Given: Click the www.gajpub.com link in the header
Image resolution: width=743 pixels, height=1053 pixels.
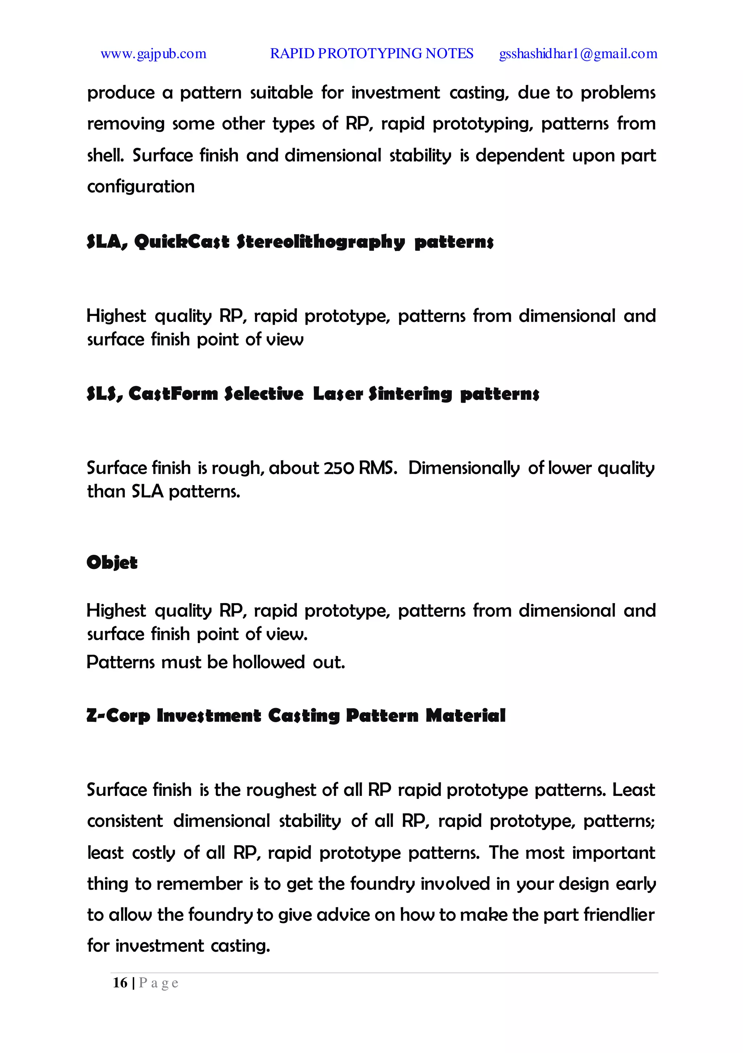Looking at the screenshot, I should [x=153, y=54].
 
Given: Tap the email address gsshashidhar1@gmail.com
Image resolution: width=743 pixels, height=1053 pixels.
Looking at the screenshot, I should [x=578, y=54].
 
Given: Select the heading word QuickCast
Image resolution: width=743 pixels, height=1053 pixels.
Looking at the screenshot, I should [x=181, y=242].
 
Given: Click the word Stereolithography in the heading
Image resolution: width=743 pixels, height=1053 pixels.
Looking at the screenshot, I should [x=320, y=242].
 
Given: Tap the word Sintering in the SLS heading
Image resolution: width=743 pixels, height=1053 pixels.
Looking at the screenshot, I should [x=410, y=394].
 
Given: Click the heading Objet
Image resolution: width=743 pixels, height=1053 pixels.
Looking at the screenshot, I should [x=112, y=562].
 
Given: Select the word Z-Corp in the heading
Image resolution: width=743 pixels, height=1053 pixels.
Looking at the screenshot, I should [x=118, y=715].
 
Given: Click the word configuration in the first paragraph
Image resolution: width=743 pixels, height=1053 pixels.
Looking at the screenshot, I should [x=141, y=187].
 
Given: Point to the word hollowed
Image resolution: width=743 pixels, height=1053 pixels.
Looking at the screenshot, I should [x=268, y=662].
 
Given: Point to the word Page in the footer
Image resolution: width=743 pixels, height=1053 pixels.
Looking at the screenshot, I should [x=159, y=983].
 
